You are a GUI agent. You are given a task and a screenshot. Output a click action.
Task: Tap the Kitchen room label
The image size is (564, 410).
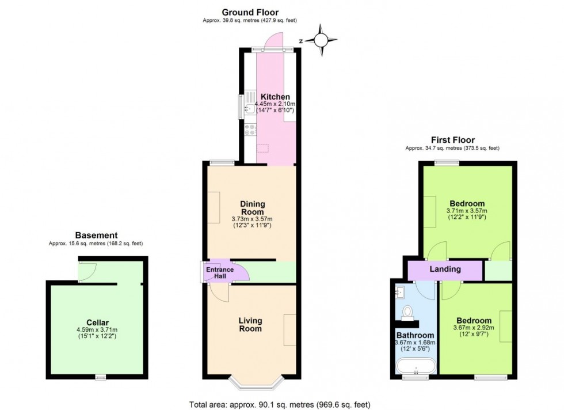coord(275,96)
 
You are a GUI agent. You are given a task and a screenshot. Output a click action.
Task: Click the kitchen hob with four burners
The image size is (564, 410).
coord(250,130)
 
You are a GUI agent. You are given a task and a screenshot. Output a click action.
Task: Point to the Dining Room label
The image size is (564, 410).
coord(252,208)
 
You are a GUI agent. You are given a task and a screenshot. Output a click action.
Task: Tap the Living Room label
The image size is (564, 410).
coord(250,325)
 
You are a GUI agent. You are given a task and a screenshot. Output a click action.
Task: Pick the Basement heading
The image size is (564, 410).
coord(96,235)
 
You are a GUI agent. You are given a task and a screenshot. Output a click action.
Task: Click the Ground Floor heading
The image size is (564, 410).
coord(250,12)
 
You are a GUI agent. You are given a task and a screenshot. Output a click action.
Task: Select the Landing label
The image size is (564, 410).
coord(445,269)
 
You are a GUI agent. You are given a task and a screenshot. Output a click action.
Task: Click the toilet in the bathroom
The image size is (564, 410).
coord(408,312)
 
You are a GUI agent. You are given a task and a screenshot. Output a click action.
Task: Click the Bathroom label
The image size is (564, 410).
coord(414,335)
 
